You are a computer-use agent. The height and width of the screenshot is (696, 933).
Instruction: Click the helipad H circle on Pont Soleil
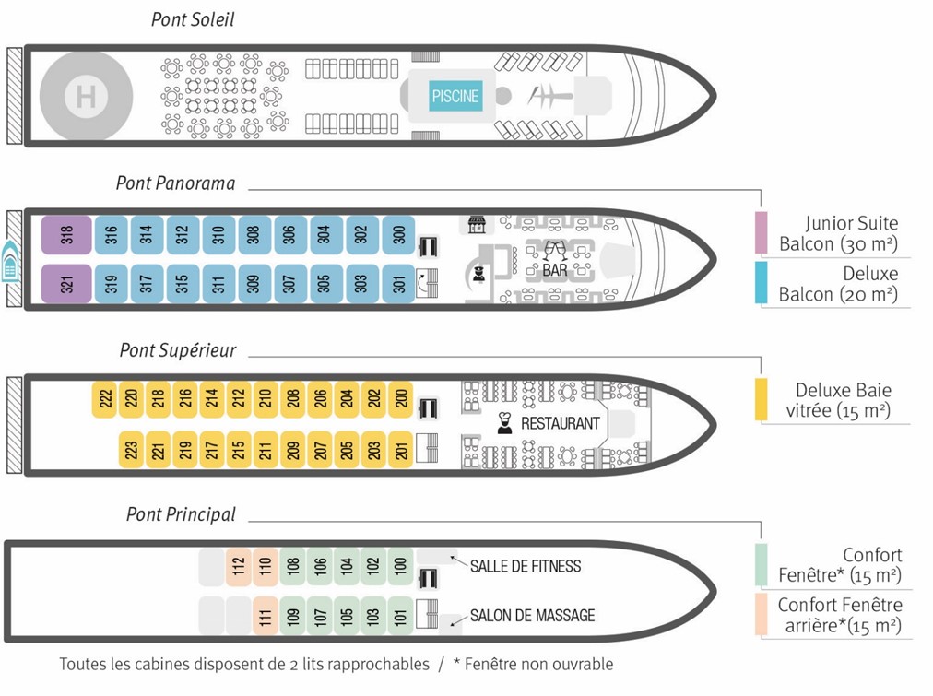click(x=86, y=96)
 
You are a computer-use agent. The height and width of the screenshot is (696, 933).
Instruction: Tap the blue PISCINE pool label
click(x=455, y=96)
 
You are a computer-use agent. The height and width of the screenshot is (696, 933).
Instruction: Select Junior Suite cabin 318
click(x=66, y=235)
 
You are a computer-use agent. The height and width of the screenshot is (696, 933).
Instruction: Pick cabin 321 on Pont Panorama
click(x=66, y=283)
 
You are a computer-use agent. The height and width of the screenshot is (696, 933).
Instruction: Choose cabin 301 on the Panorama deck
click(x=398, y=283)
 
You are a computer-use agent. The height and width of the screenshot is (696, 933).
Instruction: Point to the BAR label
click(x=555, y=271)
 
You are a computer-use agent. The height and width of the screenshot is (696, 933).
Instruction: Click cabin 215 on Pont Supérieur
click(x=239, y=450)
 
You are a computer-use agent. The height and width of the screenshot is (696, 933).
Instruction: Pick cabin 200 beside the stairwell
click(x=401, y=398)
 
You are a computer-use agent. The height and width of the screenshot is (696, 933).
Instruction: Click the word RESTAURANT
click(x=561, y=423)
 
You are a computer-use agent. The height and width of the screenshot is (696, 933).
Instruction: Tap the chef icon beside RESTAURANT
click(x=504, y=423)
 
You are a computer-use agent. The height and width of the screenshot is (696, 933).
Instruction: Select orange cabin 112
click(x=238, y=564)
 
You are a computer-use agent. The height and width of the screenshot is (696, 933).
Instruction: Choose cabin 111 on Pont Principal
click(x=265, y=615)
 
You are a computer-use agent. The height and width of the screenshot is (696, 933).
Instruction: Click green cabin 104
click(x=345, y=564)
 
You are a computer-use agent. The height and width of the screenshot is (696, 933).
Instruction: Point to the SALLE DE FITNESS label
click(x=526, y=565)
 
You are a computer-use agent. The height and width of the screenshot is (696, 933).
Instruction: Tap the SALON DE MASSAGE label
click(x=532, y=615)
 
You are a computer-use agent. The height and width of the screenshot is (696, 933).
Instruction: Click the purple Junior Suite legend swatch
click(x=761, y=232)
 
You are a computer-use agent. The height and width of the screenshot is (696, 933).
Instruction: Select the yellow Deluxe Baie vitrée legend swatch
click(x=762, y=399)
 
